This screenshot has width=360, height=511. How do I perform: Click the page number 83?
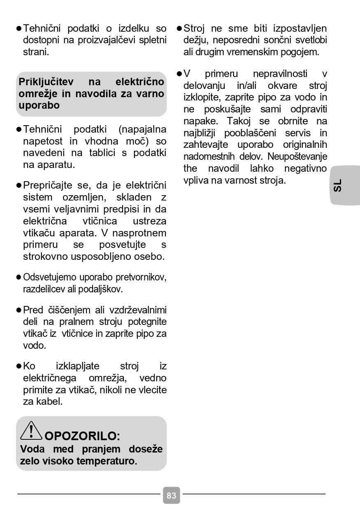point(172,495)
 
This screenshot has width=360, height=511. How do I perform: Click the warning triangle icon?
point(31,431)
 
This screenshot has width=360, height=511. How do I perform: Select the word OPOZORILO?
point(82,436)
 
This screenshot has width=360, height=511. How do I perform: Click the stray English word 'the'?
point(190,168)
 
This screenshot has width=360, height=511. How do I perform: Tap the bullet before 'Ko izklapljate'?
point(19,366)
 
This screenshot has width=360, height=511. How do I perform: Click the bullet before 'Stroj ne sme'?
point(179,28)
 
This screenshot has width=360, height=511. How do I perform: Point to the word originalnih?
point(305,145)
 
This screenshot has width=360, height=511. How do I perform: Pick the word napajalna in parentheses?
point(142,129)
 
